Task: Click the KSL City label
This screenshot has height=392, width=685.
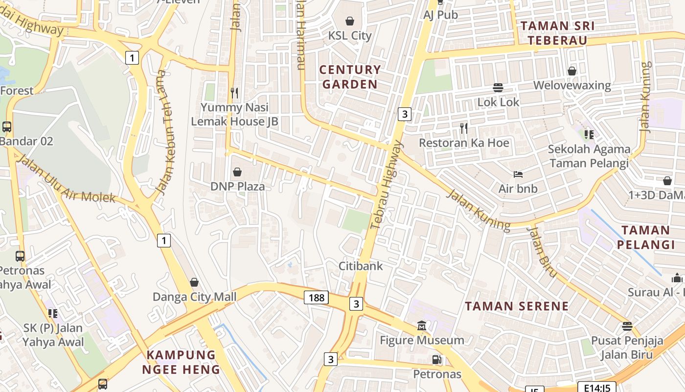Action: tap(350, 35)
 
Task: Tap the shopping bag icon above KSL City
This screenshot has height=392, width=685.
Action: tap(350, 21)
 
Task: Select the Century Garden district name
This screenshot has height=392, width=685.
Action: tap(350, 77)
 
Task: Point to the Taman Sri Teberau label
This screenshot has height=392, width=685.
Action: tap(557, 33)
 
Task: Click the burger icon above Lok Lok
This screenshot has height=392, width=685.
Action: tap(498, 88)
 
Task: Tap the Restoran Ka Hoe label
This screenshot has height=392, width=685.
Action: tap(464, 143)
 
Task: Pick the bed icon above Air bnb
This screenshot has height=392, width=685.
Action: tap(518, 174)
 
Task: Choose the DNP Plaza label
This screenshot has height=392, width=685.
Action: tap(237, 186)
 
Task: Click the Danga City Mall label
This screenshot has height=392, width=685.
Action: tap(194, 296)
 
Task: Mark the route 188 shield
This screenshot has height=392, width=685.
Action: tap(316, 297)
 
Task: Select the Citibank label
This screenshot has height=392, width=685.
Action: tap(361, 266)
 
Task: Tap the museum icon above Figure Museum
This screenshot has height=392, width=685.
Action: tap(422, 326)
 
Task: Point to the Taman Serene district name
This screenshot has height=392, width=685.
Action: tap(517, 306)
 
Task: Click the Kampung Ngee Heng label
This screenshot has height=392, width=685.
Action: tap(181, 362)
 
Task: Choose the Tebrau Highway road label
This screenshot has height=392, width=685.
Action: tap(386, 185)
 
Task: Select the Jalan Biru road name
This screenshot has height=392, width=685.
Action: tap(542, 251)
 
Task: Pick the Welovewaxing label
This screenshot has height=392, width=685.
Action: tap(572, 85)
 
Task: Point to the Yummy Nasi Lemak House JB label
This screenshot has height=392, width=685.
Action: tap(234, 114)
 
